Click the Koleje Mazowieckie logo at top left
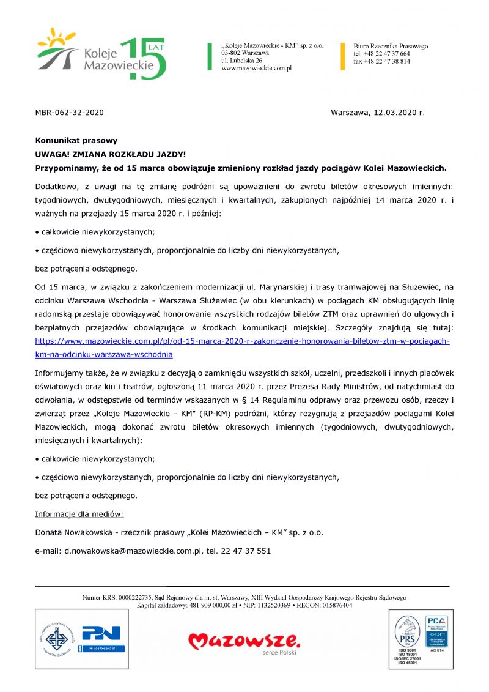tap(101, 54)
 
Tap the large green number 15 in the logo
tap(144, 58)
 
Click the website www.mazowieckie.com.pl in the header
tap(256, 69)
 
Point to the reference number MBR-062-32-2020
tap(69, 113)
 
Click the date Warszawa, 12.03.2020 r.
tap(377, 113)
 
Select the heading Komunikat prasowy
tap(76, 140)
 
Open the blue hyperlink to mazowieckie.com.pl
tap(242, 341)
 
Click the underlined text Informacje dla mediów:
tap(79, 514)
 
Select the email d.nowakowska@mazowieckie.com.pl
tap(133, 551)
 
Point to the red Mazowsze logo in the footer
tap(244, 641)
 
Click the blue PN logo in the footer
tap(102, 633)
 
